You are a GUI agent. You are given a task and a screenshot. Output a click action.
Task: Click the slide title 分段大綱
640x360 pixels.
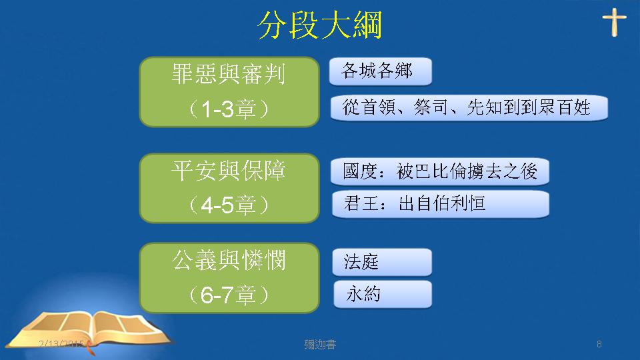coord(320,25)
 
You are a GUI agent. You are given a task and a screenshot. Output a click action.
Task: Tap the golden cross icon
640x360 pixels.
coord(614,23)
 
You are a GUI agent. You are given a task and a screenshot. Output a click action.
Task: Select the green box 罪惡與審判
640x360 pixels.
coord(229,92)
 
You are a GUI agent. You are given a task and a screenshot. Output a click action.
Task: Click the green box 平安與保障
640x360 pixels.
coord(229,188)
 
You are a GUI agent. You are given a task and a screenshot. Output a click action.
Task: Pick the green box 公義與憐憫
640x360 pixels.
coord(229,277)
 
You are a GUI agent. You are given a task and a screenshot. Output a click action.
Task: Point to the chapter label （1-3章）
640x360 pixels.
coord(229,109)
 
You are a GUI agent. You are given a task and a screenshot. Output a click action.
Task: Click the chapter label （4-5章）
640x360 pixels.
coord(229,205)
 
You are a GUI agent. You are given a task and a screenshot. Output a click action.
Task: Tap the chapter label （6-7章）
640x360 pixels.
coord(229,295)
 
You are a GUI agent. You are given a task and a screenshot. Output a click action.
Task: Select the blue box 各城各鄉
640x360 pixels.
coord(381,71)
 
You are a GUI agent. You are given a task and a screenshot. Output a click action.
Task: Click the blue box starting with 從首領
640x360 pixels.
coord(469,108)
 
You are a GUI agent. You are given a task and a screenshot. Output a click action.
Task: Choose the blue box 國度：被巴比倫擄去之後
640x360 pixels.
coord(440,171)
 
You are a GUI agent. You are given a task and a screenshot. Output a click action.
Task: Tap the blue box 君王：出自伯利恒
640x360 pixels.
coord(441,204)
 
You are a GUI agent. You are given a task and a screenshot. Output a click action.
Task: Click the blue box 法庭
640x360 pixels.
coord(382,262)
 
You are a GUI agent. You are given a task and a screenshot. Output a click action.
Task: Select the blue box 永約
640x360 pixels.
coord(383,294)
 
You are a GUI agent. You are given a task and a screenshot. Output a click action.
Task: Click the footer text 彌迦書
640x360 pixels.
coord(320,345)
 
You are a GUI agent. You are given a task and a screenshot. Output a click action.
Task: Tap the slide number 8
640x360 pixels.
coord(599,344)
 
